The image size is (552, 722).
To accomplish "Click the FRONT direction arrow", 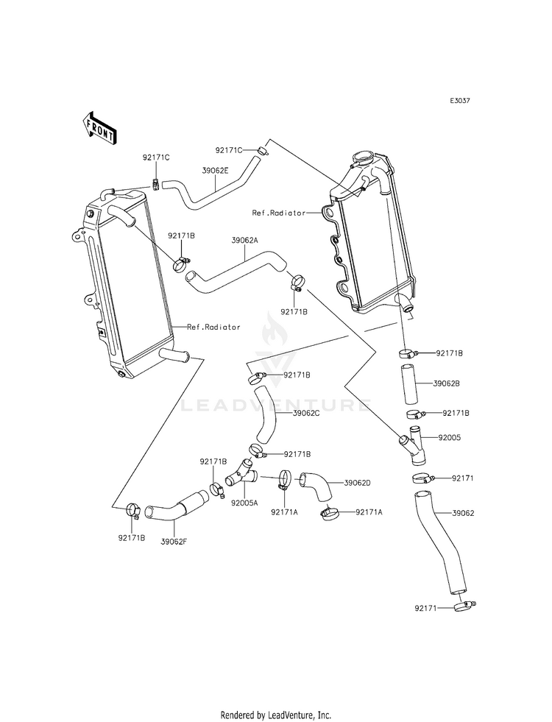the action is [x=99, y=127].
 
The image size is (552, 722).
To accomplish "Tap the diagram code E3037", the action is [x=460, y=101].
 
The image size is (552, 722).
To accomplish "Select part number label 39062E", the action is [x=216, y=170].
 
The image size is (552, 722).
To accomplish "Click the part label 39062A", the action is [x=244, y=240].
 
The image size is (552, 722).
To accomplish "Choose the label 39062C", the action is [x=306, y=413].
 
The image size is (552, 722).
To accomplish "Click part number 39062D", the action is [x=357, y=483].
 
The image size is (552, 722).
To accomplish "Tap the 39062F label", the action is [x=174, y=541].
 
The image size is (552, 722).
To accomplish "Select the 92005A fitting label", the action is [x=244, y=503].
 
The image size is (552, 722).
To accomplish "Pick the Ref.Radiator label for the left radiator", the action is [x=213, y=327].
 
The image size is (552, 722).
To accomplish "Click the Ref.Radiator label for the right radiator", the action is [x=279, y=213].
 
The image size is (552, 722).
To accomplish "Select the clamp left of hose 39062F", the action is [x=133, y=509].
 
